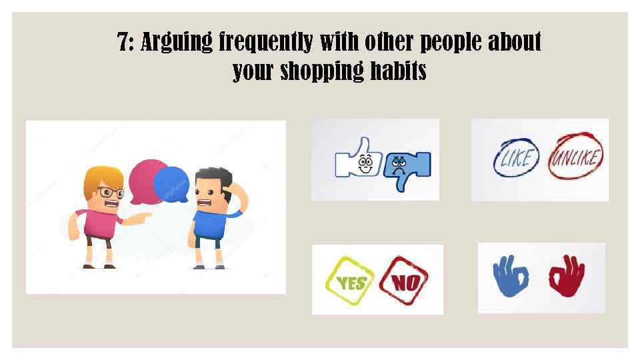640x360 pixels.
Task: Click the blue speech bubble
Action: click(172, 183)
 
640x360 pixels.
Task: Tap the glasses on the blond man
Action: click(110, 193)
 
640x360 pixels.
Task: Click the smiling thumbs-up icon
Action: click(360, 161)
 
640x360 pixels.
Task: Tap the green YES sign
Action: click(347, 281)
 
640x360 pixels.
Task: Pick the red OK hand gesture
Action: click(566, 275)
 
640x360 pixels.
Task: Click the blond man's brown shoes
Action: click(99, 265)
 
